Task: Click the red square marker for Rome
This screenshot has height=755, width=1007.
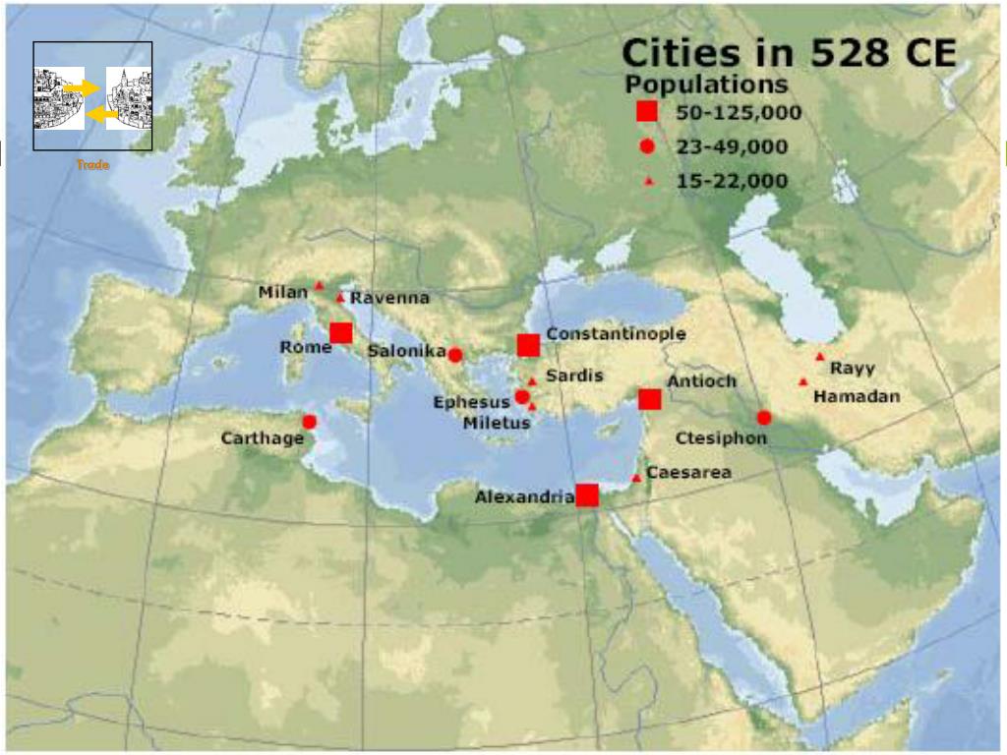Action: point(341,332)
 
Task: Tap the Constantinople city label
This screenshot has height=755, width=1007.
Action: point(616,334)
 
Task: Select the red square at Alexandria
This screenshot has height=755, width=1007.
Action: point(587,495)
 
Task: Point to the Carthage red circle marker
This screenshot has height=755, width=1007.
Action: point(309,422)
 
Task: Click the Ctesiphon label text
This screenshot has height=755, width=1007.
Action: point(721,437)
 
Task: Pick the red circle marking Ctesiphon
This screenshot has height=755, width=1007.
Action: point(764,417)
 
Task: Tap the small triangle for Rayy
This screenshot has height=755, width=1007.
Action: point(820,357)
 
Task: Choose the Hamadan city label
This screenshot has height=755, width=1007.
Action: point(857,395)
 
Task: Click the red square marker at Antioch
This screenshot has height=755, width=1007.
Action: point(649,398)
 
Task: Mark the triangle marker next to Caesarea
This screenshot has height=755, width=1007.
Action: point(636,478)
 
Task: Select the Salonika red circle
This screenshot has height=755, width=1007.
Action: point(454,354)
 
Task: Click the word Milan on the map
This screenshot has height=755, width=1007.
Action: point(283,292)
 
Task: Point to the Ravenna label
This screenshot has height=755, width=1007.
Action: point(389,298)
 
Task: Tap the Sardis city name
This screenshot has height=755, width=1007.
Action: point(574,376)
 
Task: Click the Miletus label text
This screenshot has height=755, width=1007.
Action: point(497,423)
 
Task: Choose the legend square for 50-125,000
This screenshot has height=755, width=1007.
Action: point(647,111)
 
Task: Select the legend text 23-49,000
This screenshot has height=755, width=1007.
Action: point(732,147)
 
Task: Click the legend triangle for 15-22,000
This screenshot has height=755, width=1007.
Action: point(648,181)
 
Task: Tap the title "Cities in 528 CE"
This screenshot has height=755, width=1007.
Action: point(789,53)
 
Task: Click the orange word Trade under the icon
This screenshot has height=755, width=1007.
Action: point(92,165)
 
